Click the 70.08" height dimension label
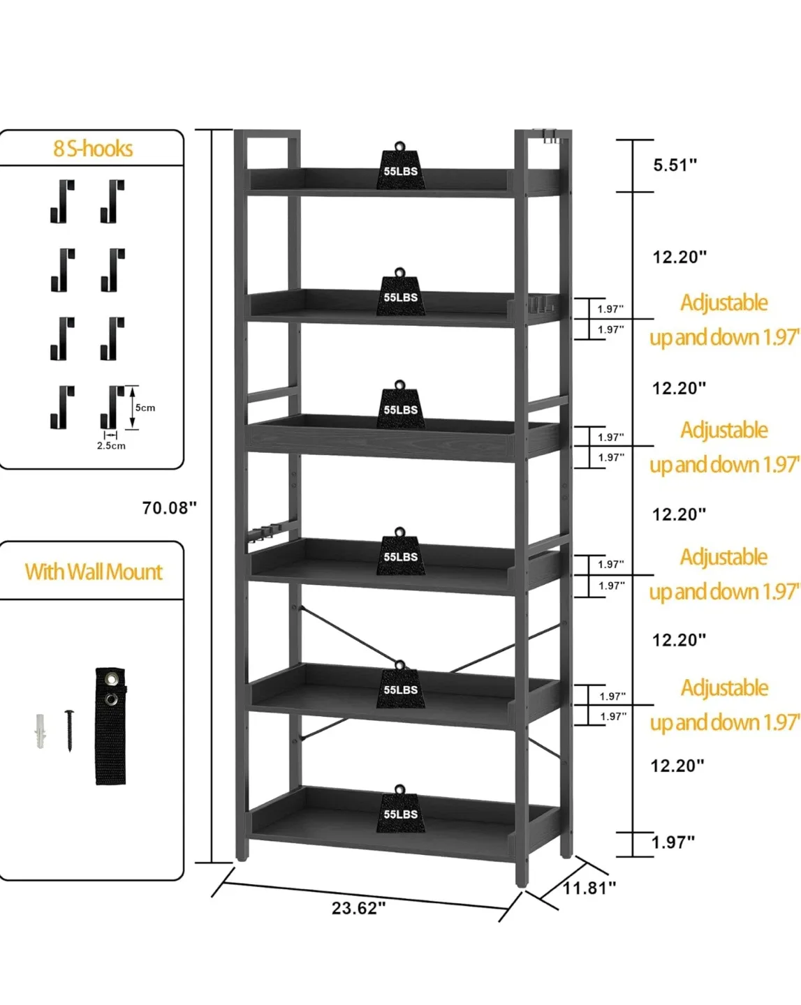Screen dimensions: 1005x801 coord(169,508)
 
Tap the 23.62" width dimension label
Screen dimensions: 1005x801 coord(358,908)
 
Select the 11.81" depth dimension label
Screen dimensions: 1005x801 coord(589,888)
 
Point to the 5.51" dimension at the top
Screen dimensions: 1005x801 coord(675,165)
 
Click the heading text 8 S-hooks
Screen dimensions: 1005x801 coord(93,149)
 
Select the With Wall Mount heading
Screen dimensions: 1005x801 coord(94,572)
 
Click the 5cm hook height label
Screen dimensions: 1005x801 coord(145,408)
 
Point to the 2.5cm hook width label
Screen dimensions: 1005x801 coord(111,446)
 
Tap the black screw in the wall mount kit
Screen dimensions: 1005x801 coord(69,729)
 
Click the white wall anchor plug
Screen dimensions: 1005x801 coord(41,731)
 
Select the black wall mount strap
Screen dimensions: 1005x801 coord(111,726)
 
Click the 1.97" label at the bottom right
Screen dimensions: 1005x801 coord(673,842)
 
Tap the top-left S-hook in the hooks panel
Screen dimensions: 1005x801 coord(62,201)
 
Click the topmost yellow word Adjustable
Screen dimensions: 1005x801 coord(724,303)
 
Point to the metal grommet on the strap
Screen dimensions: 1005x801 coord(111,678)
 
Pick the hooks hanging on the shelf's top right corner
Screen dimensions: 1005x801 coord(551,136)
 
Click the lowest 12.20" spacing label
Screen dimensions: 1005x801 coord(677,766)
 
